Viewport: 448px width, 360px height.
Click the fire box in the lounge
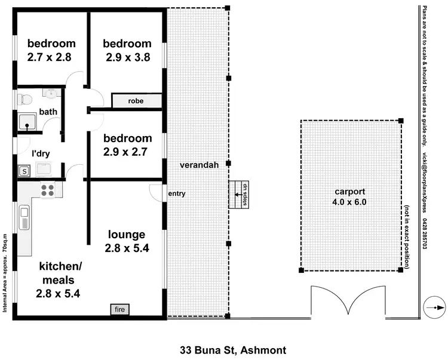[x=119, y=310]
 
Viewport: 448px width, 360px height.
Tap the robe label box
[x=136, y=101]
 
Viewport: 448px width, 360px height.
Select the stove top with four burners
[x=47, y=190]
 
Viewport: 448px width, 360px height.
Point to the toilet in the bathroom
[x=22, y=99]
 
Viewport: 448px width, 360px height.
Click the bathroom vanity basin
[x=51, y=93]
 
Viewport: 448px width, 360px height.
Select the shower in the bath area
[x=27, y=122]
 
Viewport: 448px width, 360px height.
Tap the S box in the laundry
[x=24, y=171]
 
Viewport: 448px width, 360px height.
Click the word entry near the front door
[x=177, y=193]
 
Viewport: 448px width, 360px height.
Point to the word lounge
[x=126, y=233]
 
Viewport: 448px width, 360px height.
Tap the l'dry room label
[x=39, y=153]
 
